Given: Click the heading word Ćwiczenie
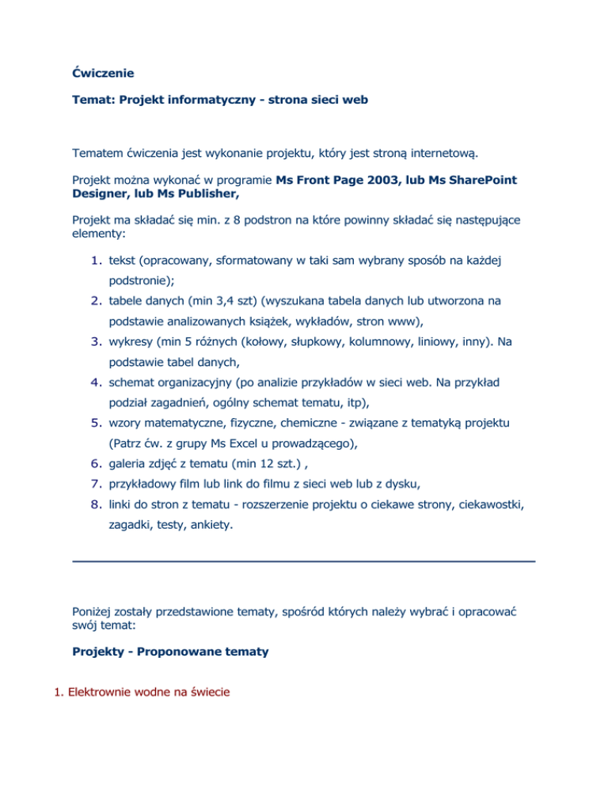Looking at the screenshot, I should click(x=102, y=74).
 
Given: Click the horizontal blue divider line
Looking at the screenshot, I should click(x=303, y=561).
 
